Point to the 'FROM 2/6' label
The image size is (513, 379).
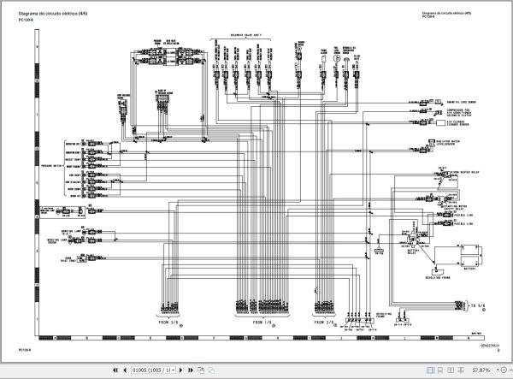(325, 323)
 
